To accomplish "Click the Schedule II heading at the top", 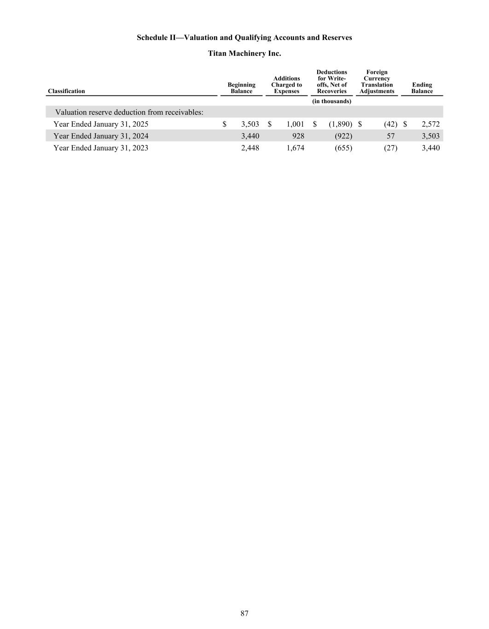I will point(244,38).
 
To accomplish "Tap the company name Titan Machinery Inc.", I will point(244,53).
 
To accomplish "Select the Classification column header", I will point(66,91).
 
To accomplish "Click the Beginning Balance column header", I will point(241,88).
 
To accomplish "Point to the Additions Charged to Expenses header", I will point(286,85).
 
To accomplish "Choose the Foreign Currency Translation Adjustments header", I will point(377,82).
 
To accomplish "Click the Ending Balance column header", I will point(422,88).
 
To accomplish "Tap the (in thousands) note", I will point(332,101).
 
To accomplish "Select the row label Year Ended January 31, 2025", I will point(101,124).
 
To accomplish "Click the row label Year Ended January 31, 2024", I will point(101,136).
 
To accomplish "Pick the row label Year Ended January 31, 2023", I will point(101,148).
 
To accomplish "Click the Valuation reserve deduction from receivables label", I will point(129,112).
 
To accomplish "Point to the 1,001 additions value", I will point(295,124).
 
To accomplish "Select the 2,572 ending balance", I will point(431,124).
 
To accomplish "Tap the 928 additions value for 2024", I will point(297,136).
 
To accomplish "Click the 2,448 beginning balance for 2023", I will point(250,148).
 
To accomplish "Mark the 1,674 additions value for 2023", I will point(295,148).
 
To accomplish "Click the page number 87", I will point(244,613).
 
